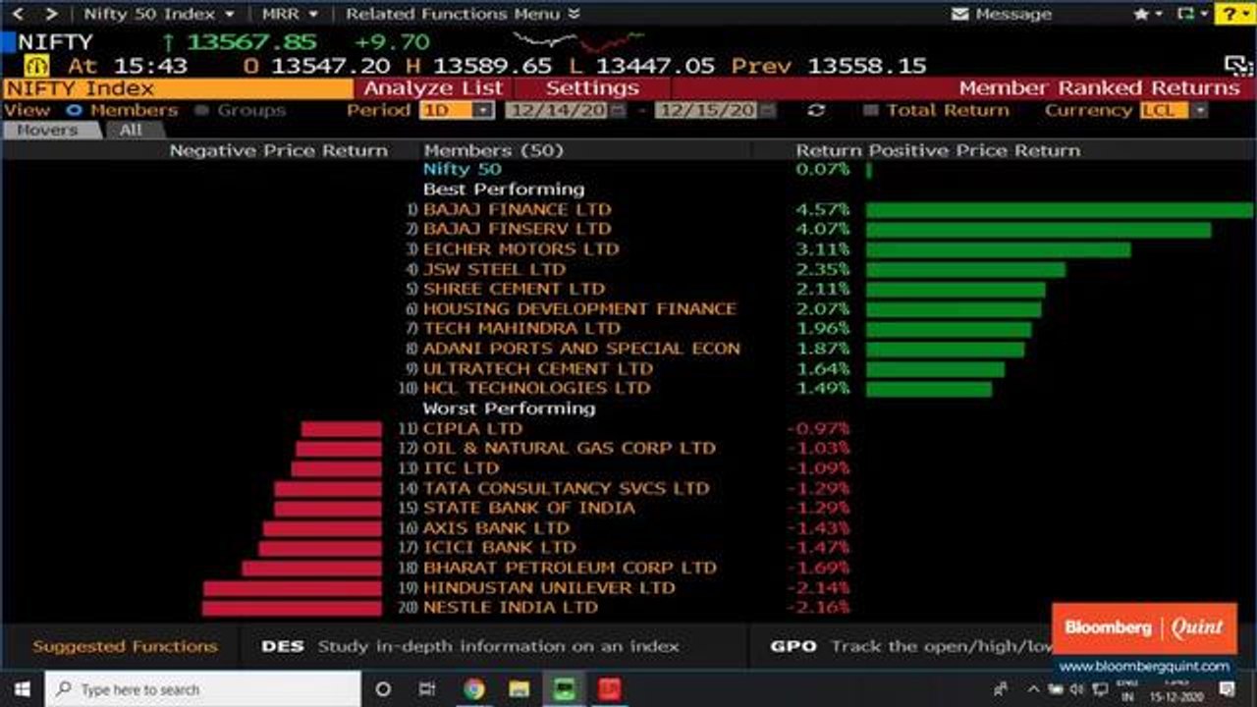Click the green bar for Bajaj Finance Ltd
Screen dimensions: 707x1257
tap(1059, 210)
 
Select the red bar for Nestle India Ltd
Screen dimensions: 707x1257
tap(292, 608)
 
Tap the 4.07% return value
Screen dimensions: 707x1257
tap(823, 230)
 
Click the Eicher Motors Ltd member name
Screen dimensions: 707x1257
tap(520, 249)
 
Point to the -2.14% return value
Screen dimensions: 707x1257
tap(818, 588)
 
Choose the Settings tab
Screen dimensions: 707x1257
tap(591, 88)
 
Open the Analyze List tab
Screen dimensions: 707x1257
tap(433, 88)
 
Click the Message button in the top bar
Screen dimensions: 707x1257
tap(1002, 14)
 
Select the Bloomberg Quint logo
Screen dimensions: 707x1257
tap(1144, 628)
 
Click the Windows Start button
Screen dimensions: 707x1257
tap(22, 689)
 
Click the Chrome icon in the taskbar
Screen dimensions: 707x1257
tap(473, 689)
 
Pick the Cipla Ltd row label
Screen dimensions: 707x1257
tap(472, 429)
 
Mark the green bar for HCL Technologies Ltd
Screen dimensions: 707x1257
tap(928, 389)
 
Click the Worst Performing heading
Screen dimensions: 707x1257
tap(509, 408)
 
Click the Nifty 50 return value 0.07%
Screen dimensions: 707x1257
tap(823, 170)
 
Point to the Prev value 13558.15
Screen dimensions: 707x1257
tap(866, 66)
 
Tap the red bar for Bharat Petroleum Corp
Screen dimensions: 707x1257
tap(311, 569)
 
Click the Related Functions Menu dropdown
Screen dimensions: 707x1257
tap(463, 14)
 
